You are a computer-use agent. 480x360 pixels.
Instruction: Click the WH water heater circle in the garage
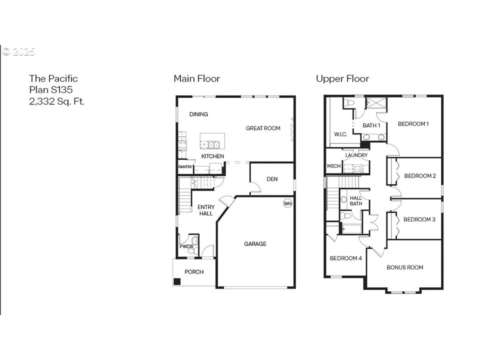click(287, 203)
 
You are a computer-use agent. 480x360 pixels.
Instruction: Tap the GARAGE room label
click(255, 244)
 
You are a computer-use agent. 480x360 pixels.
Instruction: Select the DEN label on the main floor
click(272, 179)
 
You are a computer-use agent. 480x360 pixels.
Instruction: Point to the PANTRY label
click(185, 167)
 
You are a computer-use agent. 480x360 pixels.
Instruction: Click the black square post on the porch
click(177, 281)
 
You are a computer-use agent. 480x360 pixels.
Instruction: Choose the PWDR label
click(186, 246)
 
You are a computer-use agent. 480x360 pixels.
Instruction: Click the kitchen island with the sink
click(212, 141)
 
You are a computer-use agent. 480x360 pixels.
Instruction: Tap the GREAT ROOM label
click(263, 128)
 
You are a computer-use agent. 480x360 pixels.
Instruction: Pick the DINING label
click(198, 114)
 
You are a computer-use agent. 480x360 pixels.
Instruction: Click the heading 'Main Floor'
click(197, 78)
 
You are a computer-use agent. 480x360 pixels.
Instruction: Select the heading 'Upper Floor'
click(342, 79)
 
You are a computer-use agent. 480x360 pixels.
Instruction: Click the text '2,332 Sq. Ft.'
click(56, 101)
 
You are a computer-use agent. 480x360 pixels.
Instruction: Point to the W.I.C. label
click(340, 134)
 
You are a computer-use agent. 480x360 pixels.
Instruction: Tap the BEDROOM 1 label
click(413, 124)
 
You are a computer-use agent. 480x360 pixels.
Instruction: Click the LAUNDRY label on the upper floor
click(356, 155)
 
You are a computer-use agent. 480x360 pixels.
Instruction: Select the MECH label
click(333, 166)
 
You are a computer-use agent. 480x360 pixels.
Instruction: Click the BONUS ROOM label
click(404, 267)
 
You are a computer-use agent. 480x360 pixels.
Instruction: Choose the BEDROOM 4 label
click(345, 258)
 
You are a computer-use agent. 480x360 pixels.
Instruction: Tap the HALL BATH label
click(355, 201)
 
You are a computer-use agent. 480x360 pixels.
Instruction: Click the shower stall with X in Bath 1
click(376, 103)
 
